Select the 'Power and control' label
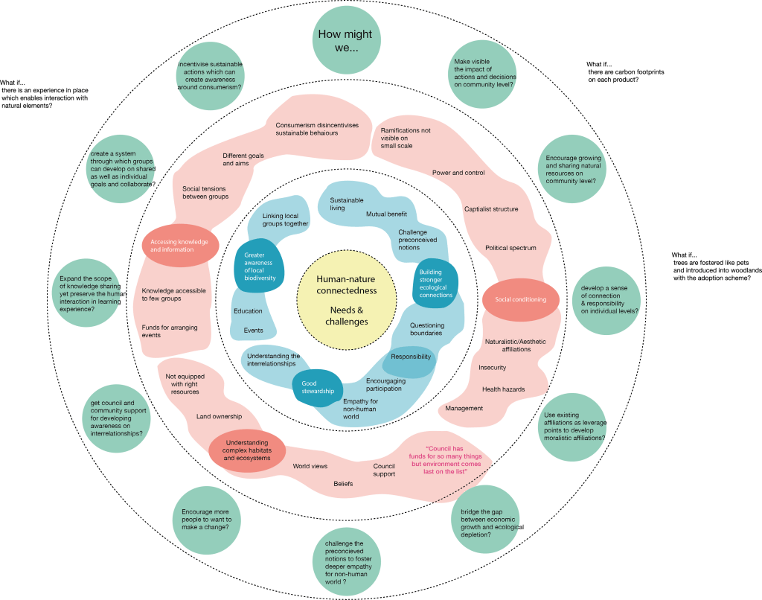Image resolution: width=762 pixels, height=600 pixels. tap(458, 173)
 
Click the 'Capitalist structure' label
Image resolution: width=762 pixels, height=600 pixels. tap(491, 209)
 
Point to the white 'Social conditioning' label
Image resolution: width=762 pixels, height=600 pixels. tap(521, 300)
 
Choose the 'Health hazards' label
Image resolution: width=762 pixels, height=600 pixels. tap(503, 389)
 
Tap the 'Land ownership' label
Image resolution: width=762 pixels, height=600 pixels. tap(218, 417)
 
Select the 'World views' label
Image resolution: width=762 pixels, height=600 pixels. tap(310, 466)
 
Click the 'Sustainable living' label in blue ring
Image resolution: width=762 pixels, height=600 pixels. tap(347, 205)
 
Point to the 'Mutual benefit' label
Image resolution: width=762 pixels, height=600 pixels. tap(386, 214)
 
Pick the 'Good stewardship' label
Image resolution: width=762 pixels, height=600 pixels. tap(318, 387)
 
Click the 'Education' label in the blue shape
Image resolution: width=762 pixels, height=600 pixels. tap(248, 311)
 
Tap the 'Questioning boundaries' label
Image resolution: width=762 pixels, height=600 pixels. tap(426, 329)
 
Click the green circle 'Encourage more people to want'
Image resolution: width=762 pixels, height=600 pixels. tap(206, 519)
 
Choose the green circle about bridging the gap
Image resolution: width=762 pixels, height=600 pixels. tap(487, 523)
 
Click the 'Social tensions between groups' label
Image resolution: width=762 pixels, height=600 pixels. tap(205, 193)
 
